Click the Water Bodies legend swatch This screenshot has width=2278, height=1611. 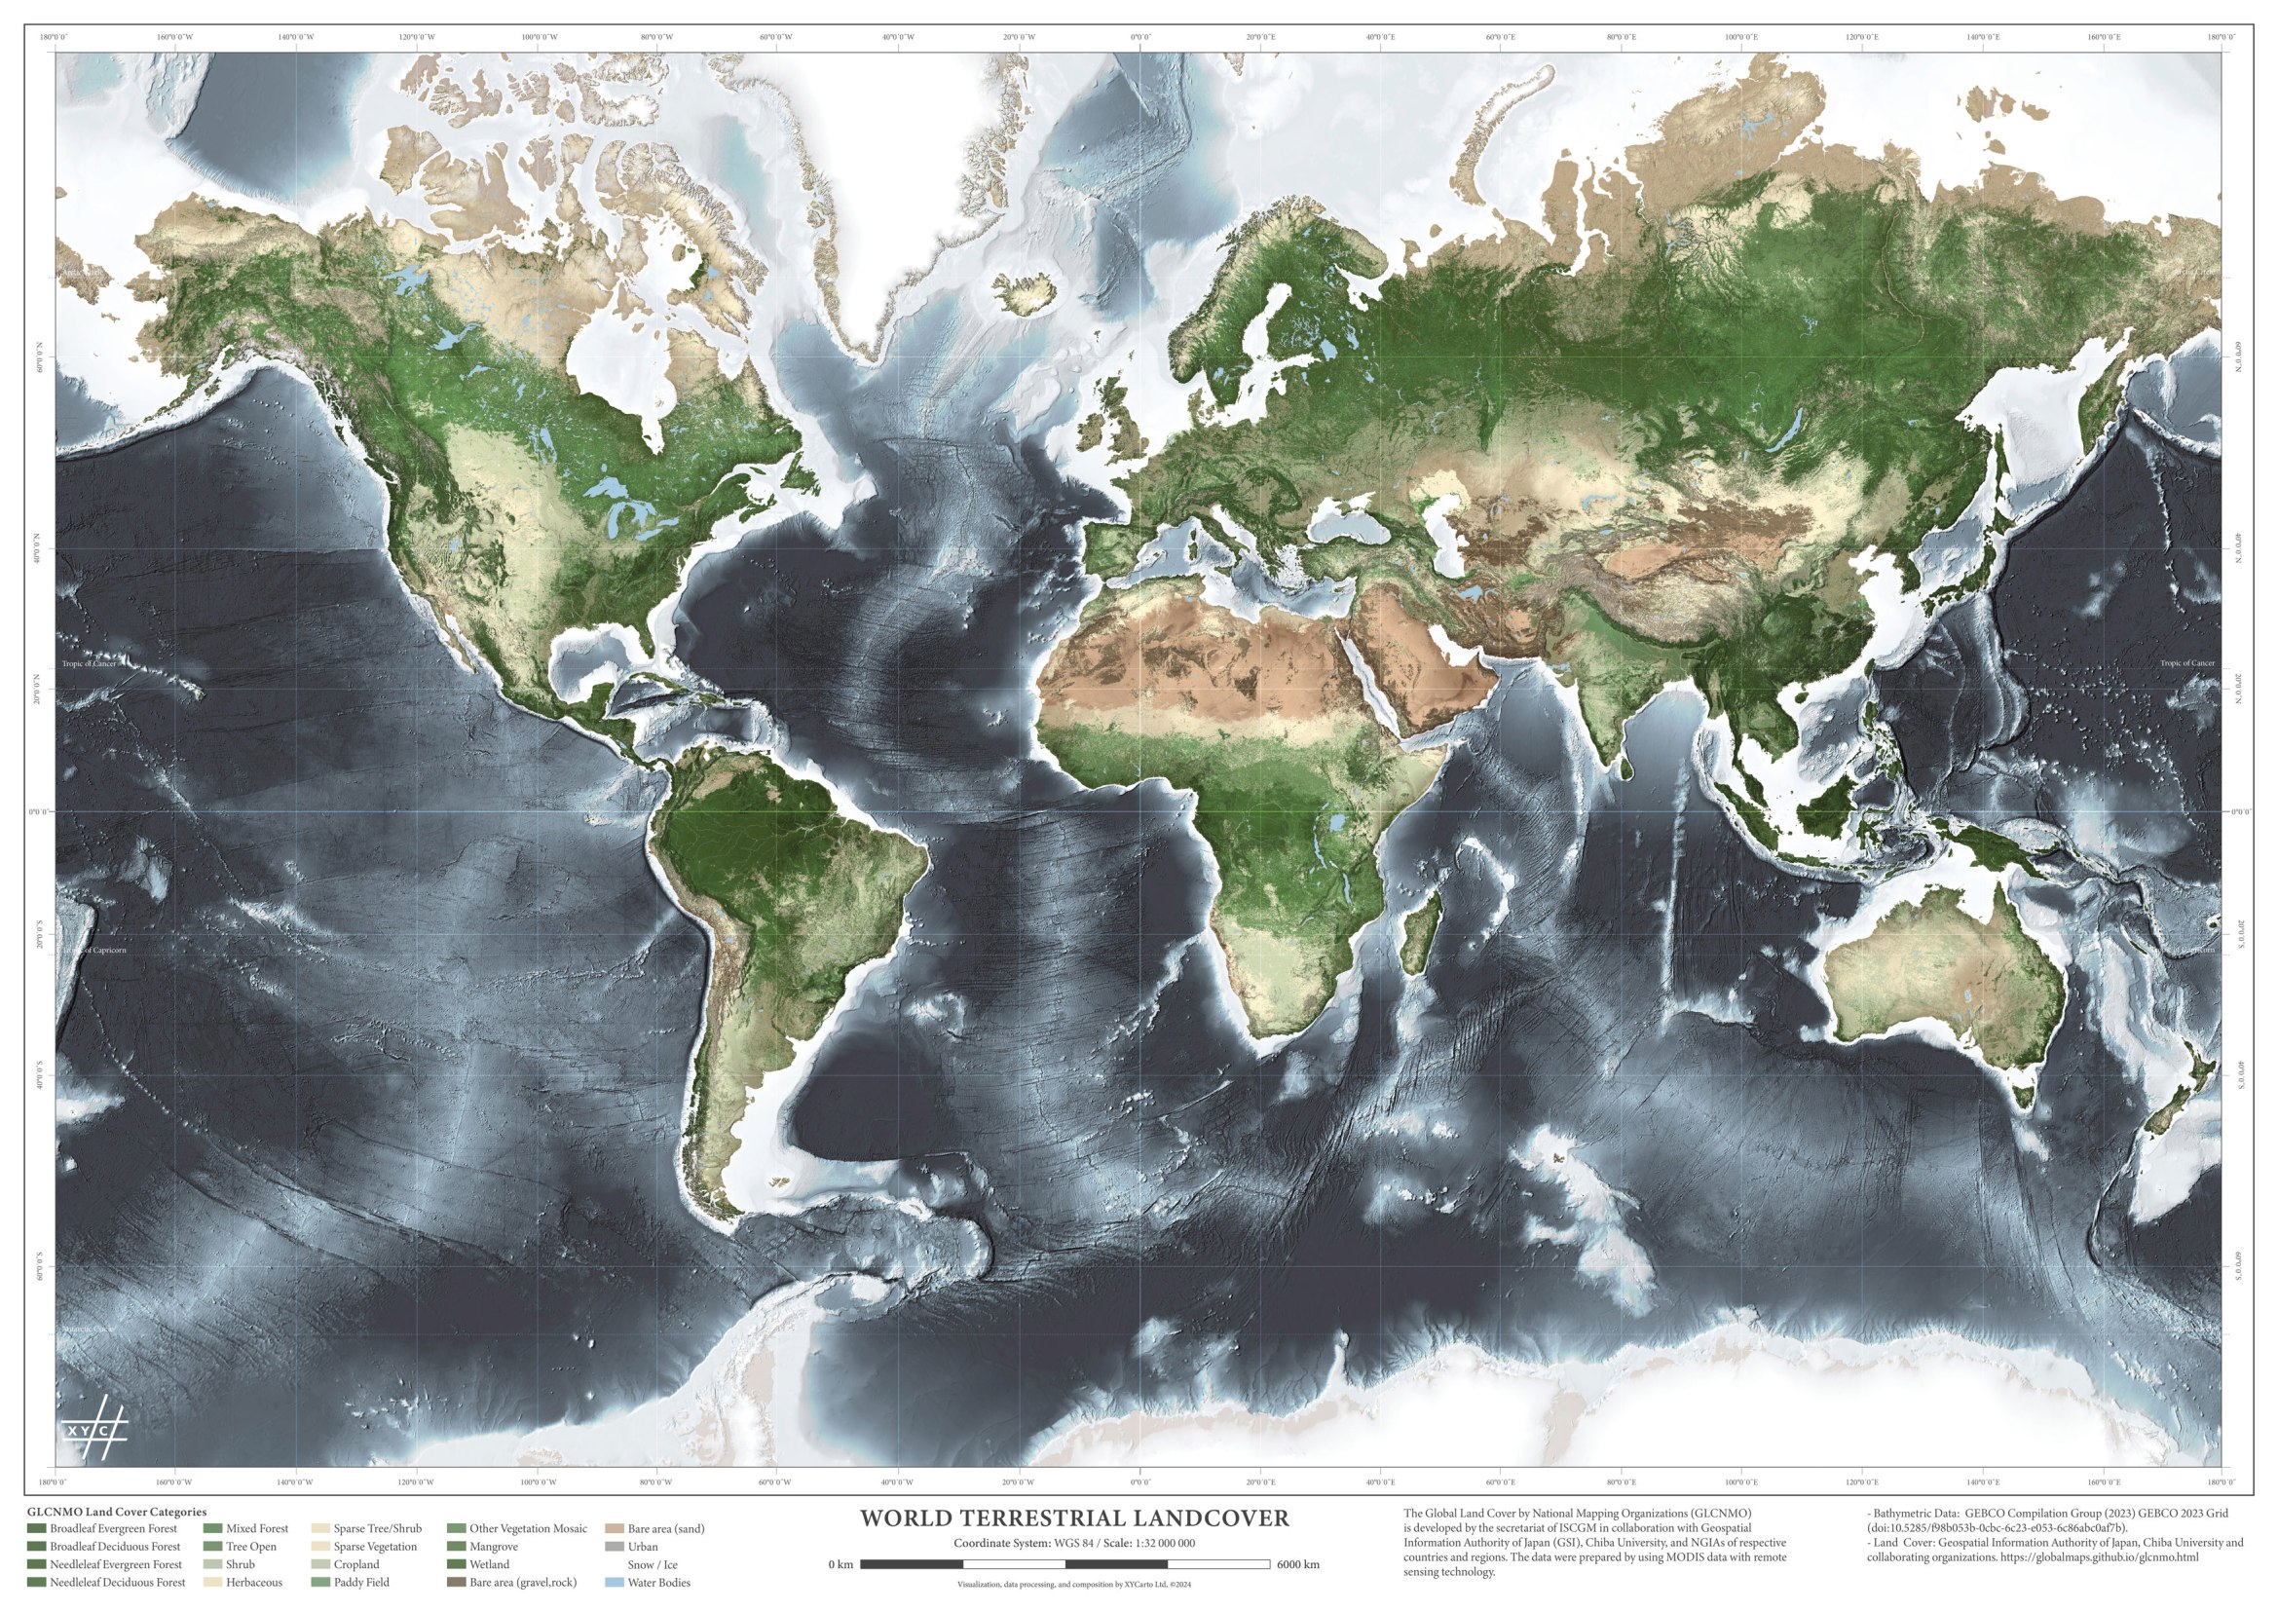[614, 1582]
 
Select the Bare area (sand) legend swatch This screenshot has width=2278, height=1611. [614, 1528]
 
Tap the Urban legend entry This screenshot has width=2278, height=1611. [642, 1547]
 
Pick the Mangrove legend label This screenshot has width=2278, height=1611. [494, 1547]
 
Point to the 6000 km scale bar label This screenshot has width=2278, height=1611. [1297, 1564]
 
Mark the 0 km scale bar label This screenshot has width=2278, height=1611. [840, 1564]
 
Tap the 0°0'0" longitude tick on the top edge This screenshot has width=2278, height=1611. [1139, 38]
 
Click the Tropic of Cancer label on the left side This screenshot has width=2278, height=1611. [89, 663]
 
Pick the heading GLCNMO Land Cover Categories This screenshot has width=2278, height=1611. [117, 1512]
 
